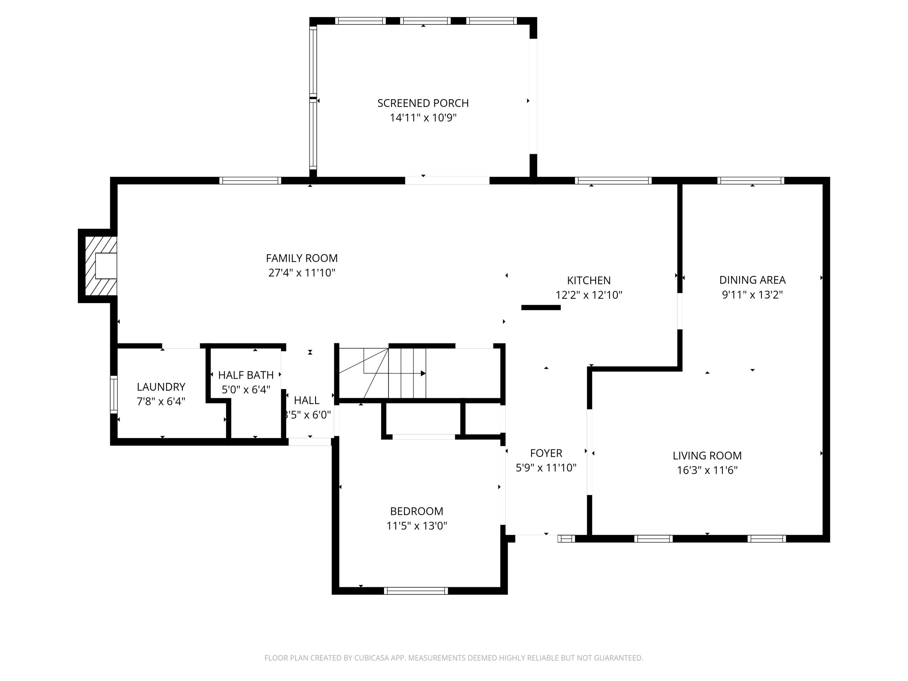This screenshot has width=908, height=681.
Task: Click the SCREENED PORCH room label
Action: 423,103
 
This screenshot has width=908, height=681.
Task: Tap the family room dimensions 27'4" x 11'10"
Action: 302,273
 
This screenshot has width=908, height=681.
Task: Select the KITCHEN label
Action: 589,280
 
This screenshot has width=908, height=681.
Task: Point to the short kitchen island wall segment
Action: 541,308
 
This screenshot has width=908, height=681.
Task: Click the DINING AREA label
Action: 752,280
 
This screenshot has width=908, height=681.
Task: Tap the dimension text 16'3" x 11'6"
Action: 707,470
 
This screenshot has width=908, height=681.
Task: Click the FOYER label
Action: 546,453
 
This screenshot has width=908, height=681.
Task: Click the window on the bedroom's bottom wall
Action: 416,591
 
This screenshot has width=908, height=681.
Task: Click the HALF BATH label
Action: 245,375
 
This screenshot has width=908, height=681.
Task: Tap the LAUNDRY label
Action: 161,387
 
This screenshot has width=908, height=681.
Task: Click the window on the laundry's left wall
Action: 114,394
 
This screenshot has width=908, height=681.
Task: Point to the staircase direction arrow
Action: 423,373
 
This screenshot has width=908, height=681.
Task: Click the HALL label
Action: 306,400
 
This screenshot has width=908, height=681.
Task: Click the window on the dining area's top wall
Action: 750,181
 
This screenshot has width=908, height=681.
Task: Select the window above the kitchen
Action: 613,181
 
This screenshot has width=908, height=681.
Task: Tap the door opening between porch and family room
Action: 447,181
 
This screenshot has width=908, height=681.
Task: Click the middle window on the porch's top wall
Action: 425,21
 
